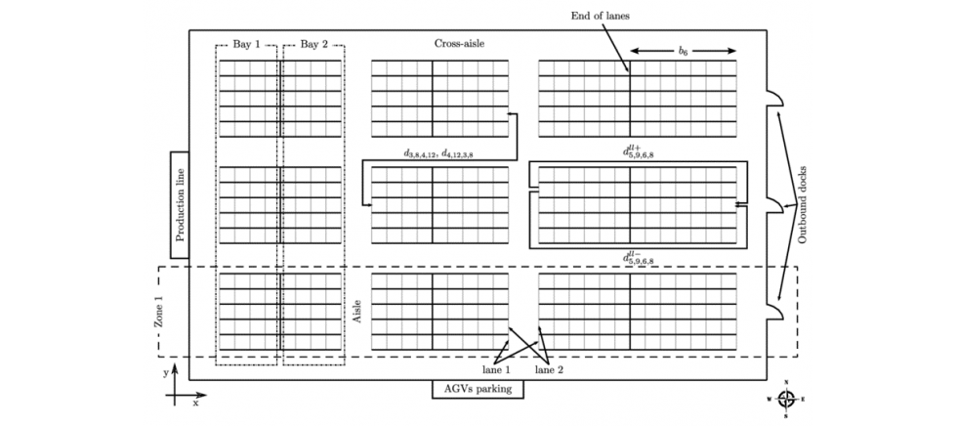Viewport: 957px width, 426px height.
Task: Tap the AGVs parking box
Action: tap(478, 389)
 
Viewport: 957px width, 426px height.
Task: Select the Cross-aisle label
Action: tap(459, 44)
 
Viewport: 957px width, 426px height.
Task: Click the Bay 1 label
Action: tap(247, 44)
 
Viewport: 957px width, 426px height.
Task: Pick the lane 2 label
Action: tap(548, 370)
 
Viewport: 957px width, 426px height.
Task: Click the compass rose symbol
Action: tap(785, 399)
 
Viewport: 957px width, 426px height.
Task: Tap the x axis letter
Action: tap(195, 403)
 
